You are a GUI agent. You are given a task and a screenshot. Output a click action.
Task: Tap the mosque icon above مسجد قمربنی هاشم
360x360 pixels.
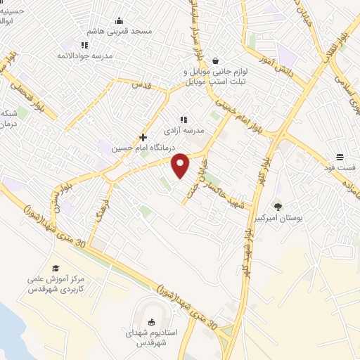(x=119, y=20)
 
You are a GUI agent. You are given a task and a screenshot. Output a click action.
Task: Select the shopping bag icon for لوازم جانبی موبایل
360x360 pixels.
(x=215, y=60)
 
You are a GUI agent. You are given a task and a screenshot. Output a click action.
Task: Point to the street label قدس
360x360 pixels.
(x=143, y=85)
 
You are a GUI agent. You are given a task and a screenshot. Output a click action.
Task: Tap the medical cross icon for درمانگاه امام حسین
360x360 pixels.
(x=143, y=137)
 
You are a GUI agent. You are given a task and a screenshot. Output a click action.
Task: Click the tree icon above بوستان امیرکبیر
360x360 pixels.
(x=278, y=207)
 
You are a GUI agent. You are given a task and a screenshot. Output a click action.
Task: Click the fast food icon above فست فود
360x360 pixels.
(x=340, y=157)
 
